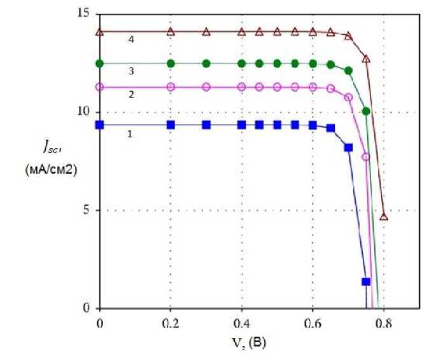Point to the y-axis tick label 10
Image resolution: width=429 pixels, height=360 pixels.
click(x=83, y=112)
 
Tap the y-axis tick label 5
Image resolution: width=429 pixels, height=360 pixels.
click(x=86, y=210)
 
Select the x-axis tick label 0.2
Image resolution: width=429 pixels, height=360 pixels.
click(x=170, y=323)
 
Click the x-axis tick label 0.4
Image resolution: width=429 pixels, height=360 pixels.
click(x=241, y=323)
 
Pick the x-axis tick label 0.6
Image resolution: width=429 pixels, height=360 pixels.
click(x=313, y=323)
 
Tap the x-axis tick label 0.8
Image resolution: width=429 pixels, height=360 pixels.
click(x=383, y=323)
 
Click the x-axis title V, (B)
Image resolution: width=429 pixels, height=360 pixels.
click(x=248, y=343)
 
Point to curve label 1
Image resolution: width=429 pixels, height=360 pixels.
click(x=130, y=135)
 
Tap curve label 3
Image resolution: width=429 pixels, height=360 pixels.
click(x=130, y=71)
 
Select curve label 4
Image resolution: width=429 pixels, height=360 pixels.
click(x=130, y=39)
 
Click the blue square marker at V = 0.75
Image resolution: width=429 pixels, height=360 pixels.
click(x=366, y=281)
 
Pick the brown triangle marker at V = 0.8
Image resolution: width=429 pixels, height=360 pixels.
click(x=384, y=216)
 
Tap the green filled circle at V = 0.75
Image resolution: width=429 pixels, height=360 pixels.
click(x=366, y=111)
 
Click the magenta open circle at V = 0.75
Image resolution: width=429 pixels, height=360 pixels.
click(x=366, y=156)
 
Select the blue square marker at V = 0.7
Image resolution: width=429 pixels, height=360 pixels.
click(x=348, y=148)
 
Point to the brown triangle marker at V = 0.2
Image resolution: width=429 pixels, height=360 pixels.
click(x=170, y=31)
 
